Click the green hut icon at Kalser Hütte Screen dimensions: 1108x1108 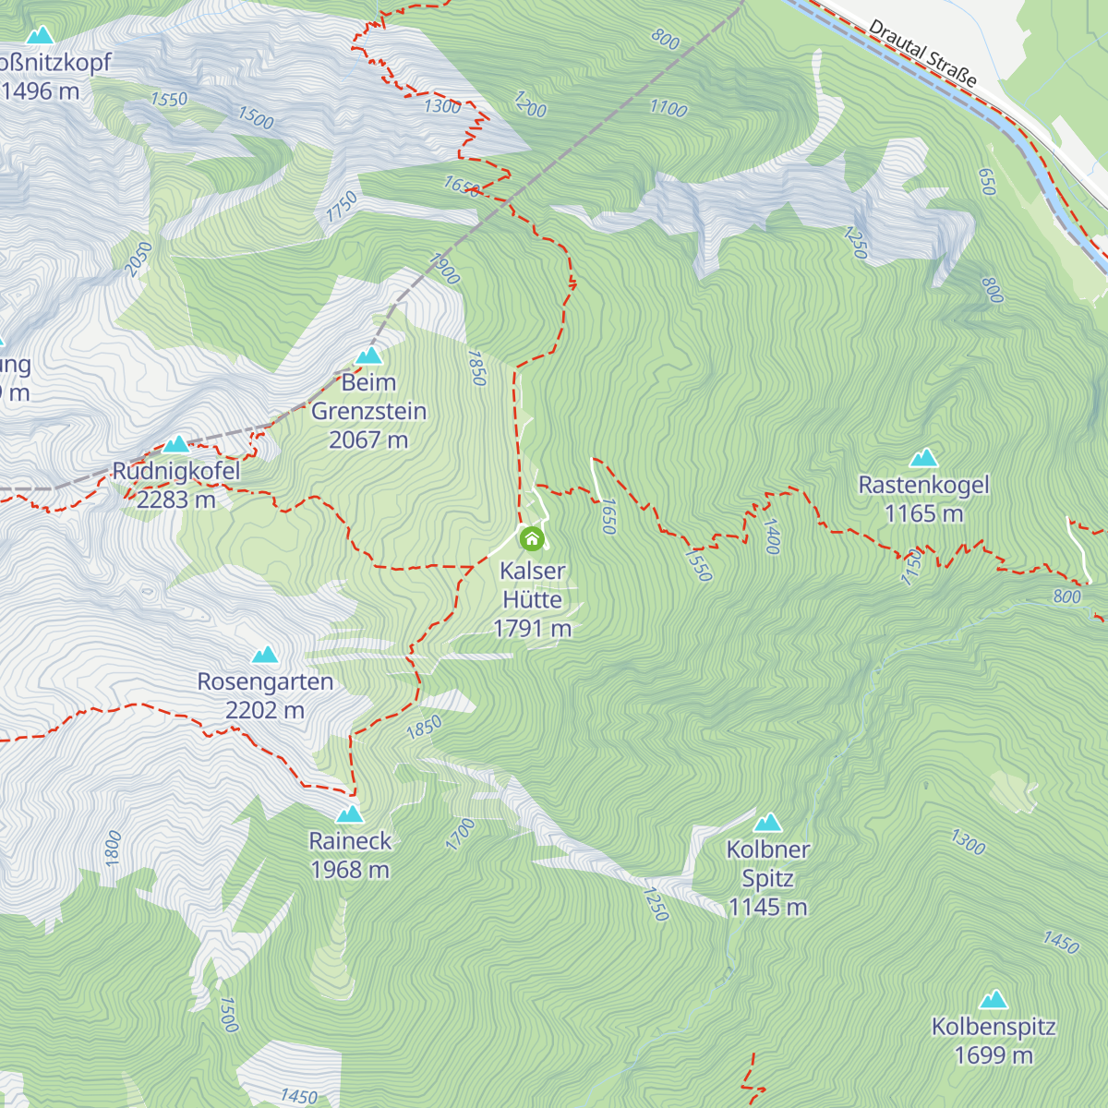pos(532,538)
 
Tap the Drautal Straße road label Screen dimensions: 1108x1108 pos(922,54)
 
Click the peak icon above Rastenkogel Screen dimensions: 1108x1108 pos(923,458)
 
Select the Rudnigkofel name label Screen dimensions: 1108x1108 pos(176,471)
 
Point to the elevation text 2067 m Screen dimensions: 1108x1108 pos(368,440)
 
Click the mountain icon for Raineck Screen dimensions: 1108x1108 pos(350,814)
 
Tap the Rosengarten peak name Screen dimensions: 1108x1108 pos(265,682)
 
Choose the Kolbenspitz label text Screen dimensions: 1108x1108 pos(994,1027)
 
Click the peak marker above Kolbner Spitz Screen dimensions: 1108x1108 pos(767,823)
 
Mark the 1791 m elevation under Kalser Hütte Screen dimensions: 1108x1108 pos(533,629)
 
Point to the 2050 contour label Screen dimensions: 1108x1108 pos(138,259)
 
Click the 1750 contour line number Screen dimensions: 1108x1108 pos(341,207)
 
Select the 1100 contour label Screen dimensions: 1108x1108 pos(668,109)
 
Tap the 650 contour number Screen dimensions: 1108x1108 pos(987,182)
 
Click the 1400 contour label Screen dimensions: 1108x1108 pos(772,536)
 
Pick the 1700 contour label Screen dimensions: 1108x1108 pos(460,834)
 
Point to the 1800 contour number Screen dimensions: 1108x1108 pos(113,848)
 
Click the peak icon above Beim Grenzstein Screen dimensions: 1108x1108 pos(368,355)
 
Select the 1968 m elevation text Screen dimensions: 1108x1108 pos(350,870)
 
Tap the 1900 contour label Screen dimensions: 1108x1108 pos(445,269)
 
